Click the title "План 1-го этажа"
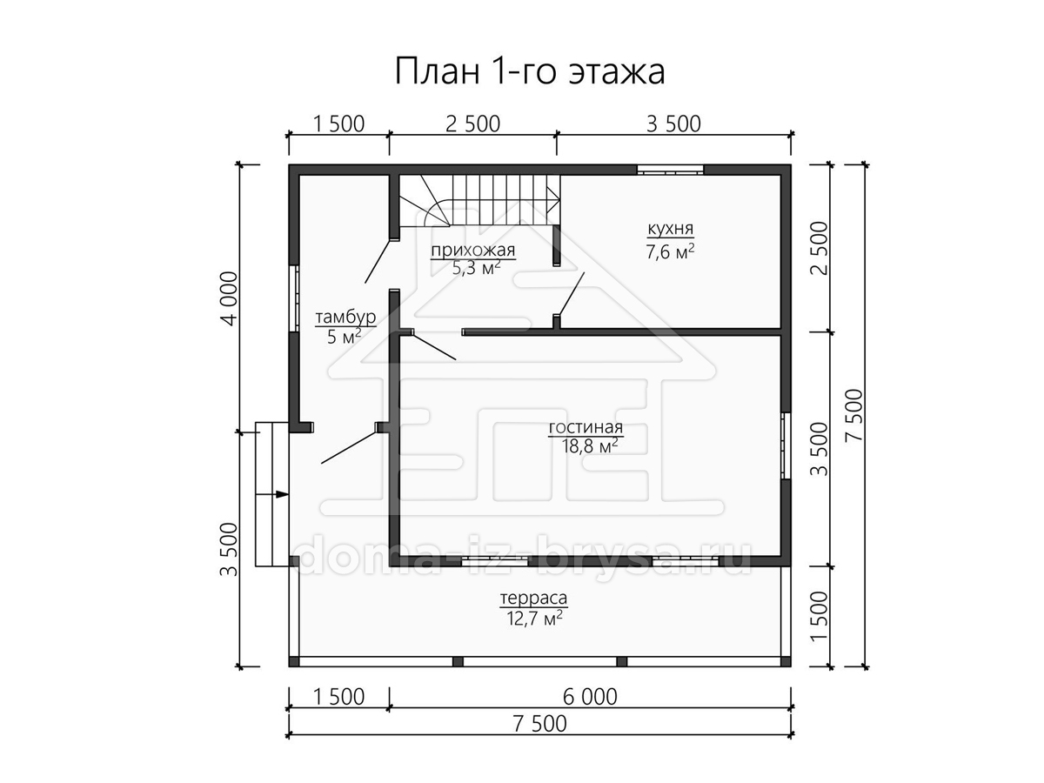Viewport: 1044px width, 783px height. [529, 72]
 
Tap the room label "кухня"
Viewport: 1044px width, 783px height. [670, 229]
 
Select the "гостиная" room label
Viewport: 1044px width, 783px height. [586, 427]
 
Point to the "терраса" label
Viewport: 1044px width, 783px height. [533, 598]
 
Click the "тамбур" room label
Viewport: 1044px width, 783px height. [345, 317]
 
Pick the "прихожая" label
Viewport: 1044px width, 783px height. [473, 250]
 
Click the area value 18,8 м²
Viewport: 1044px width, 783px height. [590, 446]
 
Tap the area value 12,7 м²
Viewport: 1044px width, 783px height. [534, 619]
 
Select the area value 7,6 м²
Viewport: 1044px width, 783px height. [670, 251]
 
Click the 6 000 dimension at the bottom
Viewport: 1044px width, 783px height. [590, 698]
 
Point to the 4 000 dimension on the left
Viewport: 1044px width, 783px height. [230, 298]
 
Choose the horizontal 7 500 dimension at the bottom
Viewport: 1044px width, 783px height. [540, 725]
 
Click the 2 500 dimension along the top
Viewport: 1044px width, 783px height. [472, 124]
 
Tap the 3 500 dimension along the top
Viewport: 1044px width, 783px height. [673, 124]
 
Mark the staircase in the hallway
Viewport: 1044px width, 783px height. [479, 201]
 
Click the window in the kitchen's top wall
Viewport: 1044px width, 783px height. [671, 170]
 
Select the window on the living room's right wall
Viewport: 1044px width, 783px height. [786, 445]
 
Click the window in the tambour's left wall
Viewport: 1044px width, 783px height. [294, 298]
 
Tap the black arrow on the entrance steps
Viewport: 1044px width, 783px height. [282, 494]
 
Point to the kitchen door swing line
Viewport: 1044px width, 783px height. [572, 294]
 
